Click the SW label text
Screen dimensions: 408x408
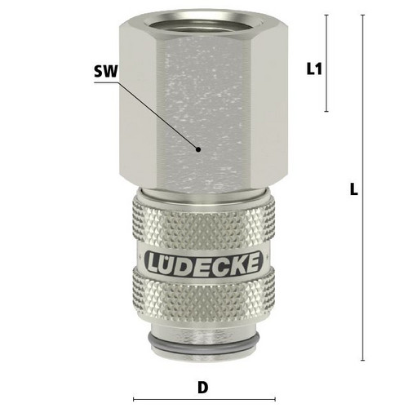click(106, 72)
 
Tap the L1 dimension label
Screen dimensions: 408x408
click(314, 69)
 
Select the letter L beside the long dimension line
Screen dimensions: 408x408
click(353, 189)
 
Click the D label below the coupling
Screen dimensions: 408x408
click(202, 388)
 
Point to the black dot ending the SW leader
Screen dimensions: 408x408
click(198, 149)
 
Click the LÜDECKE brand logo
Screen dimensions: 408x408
click(204, 263)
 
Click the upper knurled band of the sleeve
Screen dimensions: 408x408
click(204, 220)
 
